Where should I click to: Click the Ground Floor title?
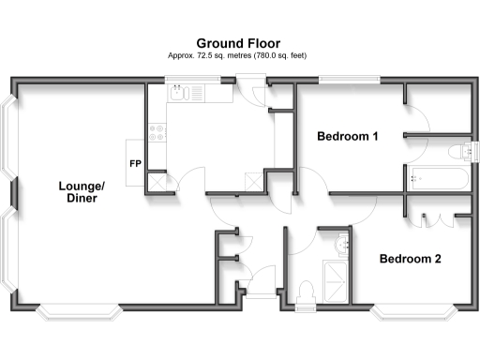[240, 43]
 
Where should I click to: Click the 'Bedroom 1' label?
[347, 137]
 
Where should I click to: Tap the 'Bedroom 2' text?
[409, 258]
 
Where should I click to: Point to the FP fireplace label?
[135, 164]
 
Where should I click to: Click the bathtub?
[439, 180]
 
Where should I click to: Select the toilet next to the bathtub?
[460, 152]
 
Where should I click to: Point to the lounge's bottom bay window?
[81, 310]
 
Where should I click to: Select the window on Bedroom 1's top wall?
[349, 82]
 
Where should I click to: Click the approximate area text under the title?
[240, 57]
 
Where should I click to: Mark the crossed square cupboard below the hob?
[157, 181]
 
